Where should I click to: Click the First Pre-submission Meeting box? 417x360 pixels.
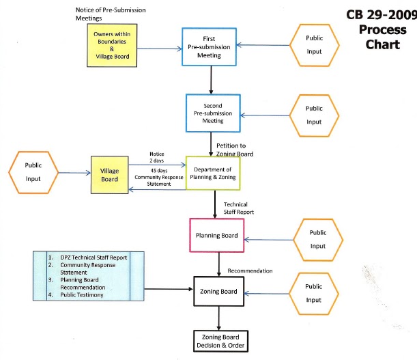click(209, 46)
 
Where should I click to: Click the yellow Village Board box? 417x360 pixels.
click(109, 175)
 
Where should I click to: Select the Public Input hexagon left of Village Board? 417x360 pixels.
click(33, 171)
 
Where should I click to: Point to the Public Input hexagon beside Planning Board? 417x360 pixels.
click(317, 239)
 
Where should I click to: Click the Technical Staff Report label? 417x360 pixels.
click(235, 209)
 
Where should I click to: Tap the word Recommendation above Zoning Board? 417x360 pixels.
click(250, 271)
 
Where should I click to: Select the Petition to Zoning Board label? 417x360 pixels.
click(235, 150)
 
